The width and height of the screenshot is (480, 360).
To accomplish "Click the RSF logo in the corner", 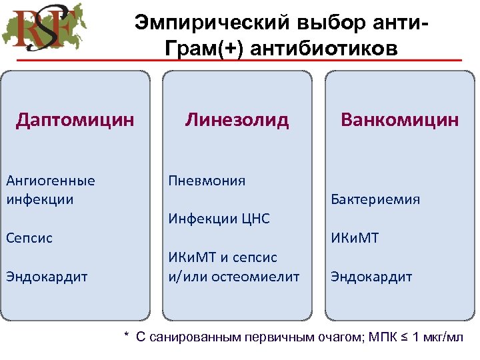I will coord(45,31).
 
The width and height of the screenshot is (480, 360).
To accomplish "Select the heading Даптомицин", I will coord(75,120).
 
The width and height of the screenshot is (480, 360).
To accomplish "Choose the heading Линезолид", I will coord(237,120).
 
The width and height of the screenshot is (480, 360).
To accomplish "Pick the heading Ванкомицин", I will coord(399,120).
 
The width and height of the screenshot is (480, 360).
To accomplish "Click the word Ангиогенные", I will coord(50,181).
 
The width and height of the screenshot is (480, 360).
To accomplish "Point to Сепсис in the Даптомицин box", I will coord(29,238).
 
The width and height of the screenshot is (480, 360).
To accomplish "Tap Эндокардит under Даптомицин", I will coord(47,276).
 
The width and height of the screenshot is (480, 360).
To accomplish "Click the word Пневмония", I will coord(207,181).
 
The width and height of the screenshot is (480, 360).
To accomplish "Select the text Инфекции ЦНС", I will coord(219,219).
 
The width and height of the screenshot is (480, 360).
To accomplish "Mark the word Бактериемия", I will coord(375,199).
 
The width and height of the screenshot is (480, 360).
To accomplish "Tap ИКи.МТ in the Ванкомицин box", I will coord(355,238).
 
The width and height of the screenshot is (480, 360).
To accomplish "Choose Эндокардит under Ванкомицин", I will coord(371,276).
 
